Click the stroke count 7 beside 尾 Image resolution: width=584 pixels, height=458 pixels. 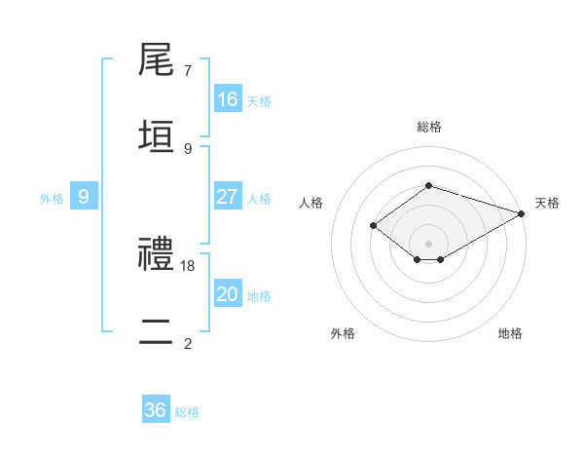point(188,71)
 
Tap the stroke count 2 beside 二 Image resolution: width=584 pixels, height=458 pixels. point(188,343)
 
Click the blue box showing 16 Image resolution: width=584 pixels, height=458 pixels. point(228,99)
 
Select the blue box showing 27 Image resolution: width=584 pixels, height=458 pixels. point(228,197)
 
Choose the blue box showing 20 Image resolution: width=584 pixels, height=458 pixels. point(228,294)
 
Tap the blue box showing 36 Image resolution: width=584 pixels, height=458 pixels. point(156,410)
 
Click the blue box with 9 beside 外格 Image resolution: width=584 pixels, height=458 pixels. point(84,197)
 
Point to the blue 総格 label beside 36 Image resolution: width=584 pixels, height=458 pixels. point(187,412)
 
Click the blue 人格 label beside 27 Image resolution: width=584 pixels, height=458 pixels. point(259,199)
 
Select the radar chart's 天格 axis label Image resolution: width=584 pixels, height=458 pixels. point(547,203)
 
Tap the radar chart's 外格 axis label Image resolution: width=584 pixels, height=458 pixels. point(343,333)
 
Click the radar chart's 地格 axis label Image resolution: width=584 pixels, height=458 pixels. point(510,333)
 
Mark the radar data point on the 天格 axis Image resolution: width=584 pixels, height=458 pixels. point(523,213)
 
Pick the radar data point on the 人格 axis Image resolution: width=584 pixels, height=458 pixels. point(373,226)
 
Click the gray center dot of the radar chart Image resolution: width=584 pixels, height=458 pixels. point(429,243)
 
